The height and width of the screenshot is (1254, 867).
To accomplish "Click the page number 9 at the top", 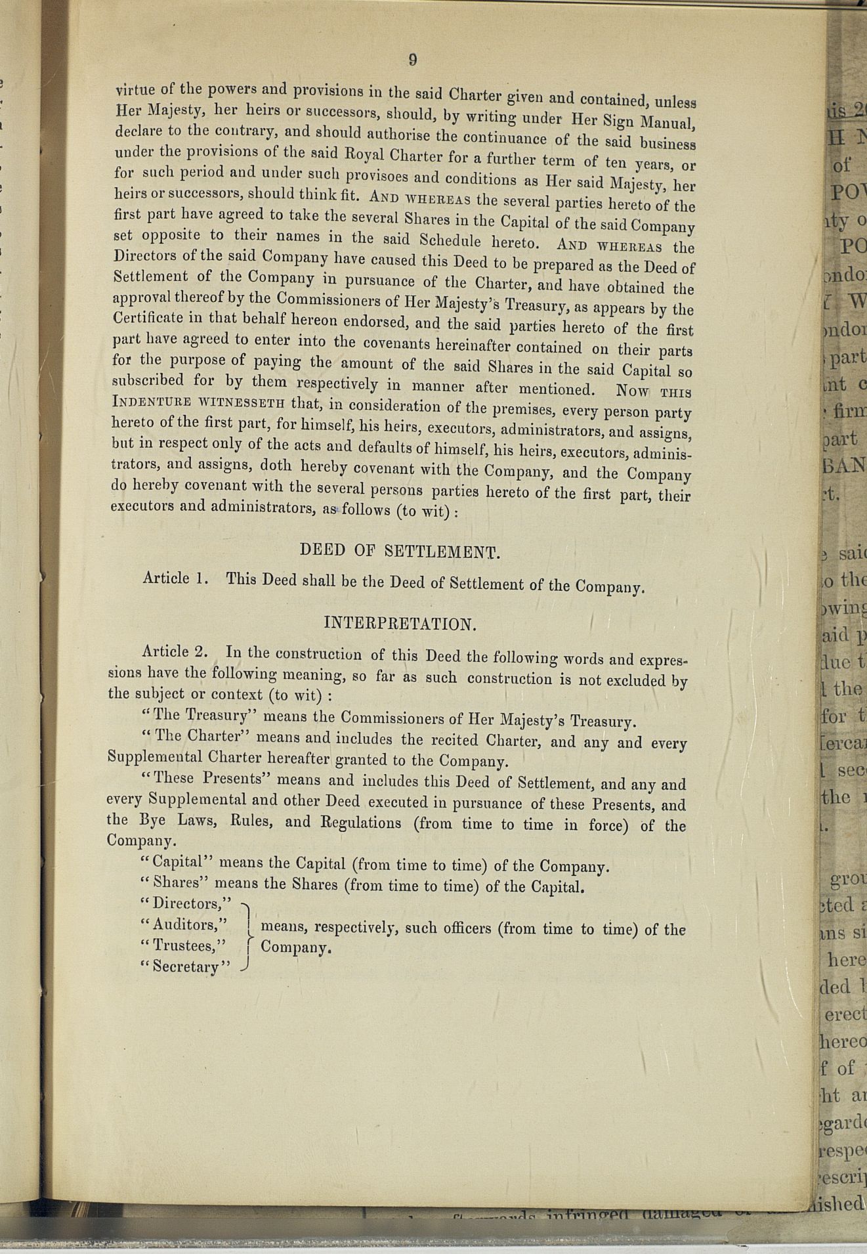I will pos(413,60).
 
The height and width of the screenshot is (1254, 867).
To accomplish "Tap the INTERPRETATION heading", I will pos(400,623).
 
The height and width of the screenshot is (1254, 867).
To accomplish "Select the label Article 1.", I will pos(175,578).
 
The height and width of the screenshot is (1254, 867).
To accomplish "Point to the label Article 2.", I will pos(175,651).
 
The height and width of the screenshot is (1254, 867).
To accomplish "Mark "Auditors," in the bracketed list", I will pos(184,924).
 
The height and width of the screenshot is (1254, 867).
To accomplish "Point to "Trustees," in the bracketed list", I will pos(184,945).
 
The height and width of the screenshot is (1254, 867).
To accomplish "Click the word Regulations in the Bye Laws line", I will pos(360,822).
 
